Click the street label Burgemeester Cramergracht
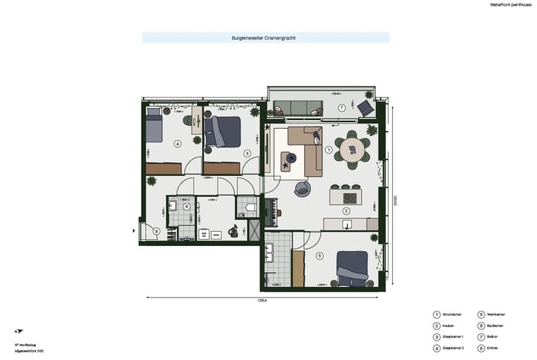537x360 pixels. pyautogui.click(x=265, y=37)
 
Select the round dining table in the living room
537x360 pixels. pyautogui.click(x=351, y=151)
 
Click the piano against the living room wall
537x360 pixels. pyautogui.click(x=273, y=211)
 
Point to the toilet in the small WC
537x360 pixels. pyautogui.click(x=250, y=206)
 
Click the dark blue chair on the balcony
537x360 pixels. pyautogui.click(x=365, y=109)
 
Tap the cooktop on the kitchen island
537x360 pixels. pyautogui.click(x=350, y=197)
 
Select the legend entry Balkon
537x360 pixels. pyautogui.click(x=496, y=336)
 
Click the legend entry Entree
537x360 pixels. pyautogui.click(x=496, y=347)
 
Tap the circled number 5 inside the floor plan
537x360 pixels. pyautogui.click(x=319, y=256)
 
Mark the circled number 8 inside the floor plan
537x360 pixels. pyautogui.click(x=156, y=231)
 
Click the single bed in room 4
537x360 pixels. pyautogui.click(x=154, y=125)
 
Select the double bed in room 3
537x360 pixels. pyautogui.click(x=222, y=130)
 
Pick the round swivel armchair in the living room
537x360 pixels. pyautogui.click(x=303, y=189)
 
